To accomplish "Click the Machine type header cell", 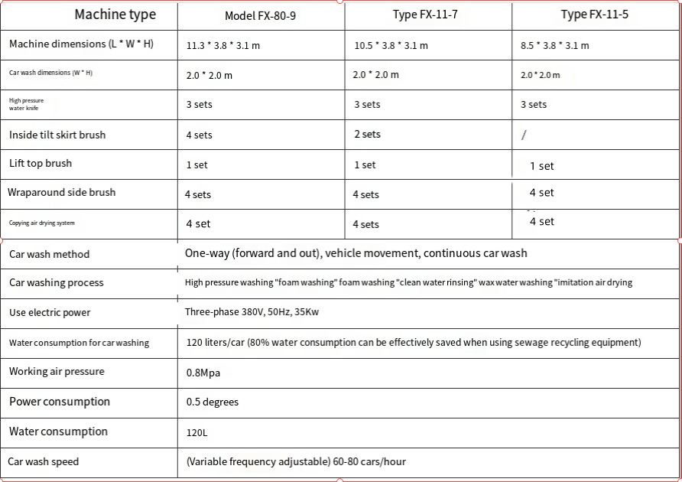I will tap(115, 15).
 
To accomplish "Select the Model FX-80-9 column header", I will tap(260, 16).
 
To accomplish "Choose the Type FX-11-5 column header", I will tap(594, 15).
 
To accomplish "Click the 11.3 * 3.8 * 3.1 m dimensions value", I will tap(223, 45).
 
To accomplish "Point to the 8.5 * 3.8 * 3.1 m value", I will tap(554, 45).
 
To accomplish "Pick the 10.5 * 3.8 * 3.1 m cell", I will tap(391, 45).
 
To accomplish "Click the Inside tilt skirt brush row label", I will tap(57, 135).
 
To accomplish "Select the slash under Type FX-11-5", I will tap(524, 135).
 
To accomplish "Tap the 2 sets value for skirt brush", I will tap(367, 135).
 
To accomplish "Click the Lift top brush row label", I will tap(41, 163).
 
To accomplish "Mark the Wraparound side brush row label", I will tap(62, 192).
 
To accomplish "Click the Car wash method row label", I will tap(49, 254).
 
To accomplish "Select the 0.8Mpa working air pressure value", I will tap(203, 373).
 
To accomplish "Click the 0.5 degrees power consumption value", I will tap(213, 402).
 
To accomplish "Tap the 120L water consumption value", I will tap(196, 432).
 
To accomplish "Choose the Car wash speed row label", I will tap(44, 461).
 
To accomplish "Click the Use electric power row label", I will tap(50, 312).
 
